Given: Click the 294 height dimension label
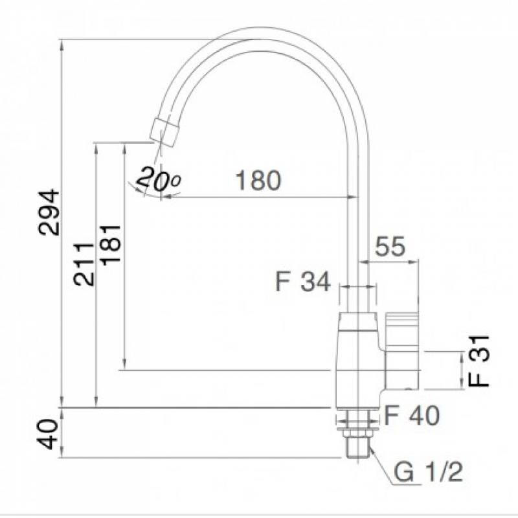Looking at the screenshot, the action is click(49, 212).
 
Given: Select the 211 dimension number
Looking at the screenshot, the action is click(84, 264).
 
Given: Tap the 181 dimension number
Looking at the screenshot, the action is click(111, 245).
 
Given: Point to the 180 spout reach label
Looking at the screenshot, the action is click(258, 180).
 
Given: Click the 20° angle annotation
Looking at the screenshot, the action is click(159, 180).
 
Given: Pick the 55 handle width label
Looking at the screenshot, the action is click(390, 246).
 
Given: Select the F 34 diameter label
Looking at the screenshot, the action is click(303, 282).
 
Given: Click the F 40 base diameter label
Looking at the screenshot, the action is click(412, 415).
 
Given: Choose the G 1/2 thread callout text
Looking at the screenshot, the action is click(428, 472).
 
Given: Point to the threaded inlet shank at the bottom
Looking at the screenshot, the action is click(359, 447).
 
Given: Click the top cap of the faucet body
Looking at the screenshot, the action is click(359, 321).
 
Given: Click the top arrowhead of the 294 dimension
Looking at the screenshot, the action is click(62, 45).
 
